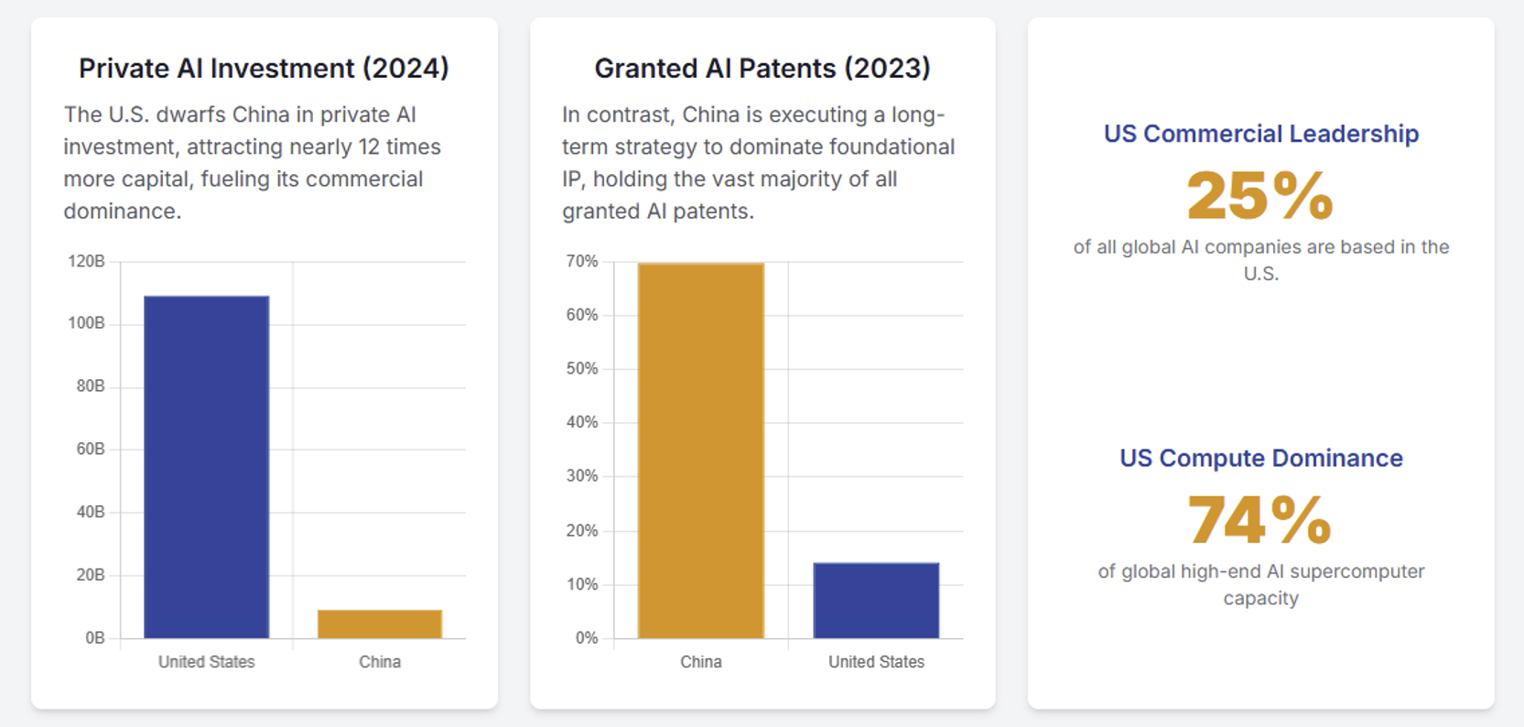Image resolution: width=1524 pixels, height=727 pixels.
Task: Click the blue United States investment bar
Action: pos(206,467)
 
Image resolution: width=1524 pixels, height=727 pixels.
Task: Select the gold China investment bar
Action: pos(380,624)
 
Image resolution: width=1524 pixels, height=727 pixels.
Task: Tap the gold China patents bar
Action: pos(700,450)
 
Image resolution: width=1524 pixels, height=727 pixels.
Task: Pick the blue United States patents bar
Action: pos(876,600)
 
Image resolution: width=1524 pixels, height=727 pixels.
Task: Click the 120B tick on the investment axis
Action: pos(86,261)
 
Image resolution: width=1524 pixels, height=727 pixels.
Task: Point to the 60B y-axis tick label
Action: pos(90,449)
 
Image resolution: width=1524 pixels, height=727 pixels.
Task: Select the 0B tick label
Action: pos(94,637)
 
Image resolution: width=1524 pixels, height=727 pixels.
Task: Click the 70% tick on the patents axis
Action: pos(581,261)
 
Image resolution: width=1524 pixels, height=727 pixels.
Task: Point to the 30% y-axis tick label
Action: pos(581,476)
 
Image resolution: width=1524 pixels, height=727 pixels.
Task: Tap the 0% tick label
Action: pos(586,637)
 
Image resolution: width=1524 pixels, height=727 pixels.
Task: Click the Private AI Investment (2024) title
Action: pos(264,68)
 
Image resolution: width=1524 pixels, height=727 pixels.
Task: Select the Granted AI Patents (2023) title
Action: pos(762,68)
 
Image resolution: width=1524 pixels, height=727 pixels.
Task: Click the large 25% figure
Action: pos(1259,196)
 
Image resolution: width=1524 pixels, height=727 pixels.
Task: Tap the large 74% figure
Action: pos(1259,519)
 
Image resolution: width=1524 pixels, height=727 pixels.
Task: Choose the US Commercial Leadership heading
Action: pos(1260,134)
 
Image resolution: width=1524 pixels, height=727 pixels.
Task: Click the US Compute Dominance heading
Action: pos(1260,458)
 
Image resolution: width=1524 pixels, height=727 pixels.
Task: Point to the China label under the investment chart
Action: pos(380,661)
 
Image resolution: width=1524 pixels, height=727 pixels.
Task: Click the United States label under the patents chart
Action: pos(876,661)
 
